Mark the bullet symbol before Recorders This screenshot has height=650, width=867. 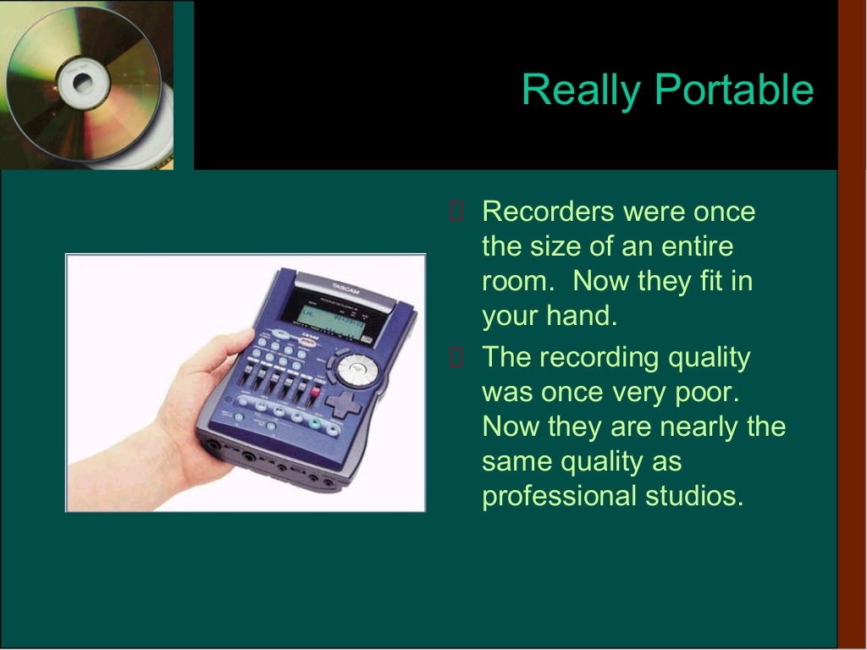pyautogui.click(x=456, y=212)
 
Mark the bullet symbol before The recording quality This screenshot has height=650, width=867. pyautogui.click(x=456, y=358)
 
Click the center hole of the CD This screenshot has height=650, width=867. pyautogui.click(x=82, y=83)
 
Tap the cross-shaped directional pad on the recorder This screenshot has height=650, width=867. pyautogui.click(x=343, y=405)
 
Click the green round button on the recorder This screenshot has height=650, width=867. pyautogui.click(x=316, y=424)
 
